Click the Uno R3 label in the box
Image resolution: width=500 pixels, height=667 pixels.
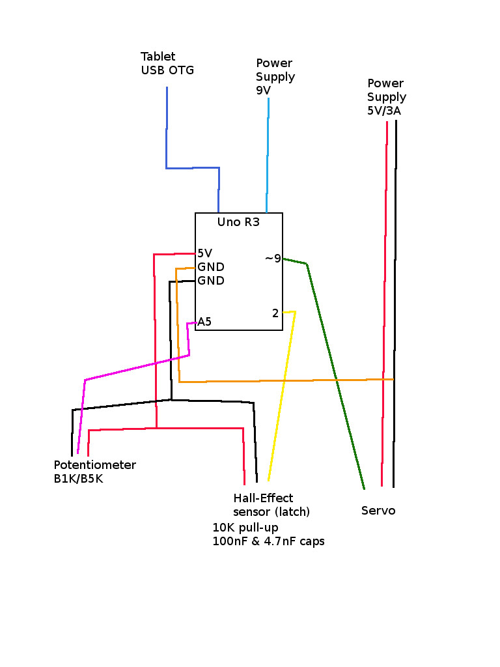tap(238, 222)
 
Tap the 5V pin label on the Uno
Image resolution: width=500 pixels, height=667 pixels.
tap(204, 253)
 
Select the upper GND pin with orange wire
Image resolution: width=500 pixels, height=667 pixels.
tap(211, 267)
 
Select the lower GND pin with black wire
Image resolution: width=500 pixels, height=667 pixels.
tap(211, 281)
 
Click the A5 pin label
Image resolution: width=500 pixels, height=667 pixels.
tap(204, 322)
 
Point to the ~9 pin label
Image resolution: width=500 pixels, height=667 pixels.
tap(273, 259)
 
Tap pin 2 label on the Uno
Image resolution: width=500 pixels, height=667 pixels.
tap(275, 313)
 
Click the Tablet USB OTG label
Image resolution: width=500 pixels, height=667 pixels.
tap(167, 64)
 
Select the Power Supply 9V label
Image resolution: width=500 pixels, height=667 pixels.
tap(275, 77)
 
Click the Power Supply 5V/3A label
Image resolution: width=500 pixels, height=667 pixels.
tap(386, 97)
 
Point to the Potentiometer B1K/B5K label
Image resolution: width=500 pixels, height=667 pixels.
tap(94, 472)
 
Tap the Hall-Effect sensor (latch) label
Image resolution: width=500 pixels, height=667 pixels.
tap(271, 505)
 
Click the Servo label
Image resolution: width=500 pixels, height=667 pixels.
tap(378, 511)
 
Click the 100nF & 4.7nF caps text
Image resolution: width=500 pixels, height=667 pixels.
tap(268, 541)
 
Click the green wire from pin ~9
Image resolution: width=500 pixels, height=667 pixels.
tap(335, 378)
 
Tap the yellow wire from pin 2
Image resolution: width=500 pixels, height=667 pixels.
tap(281, 397)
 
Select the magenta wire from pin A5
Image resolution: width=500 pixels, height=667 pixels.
tap(137, 367)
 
